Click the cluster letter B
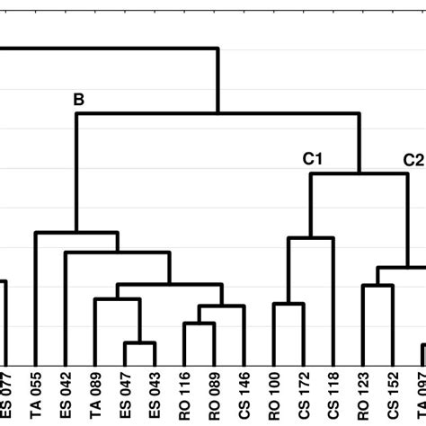coord(78,101)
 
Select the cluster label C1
coord(313,159)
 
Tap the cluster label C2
coord(413,159)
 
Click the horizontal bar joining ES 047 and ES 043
coord(139,343)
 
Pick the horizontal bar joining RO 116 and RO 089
coord(199,324)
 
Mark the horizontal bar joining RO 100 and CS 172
coord(288,304)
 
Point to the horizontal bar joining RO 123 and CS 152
coord(377,285)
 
